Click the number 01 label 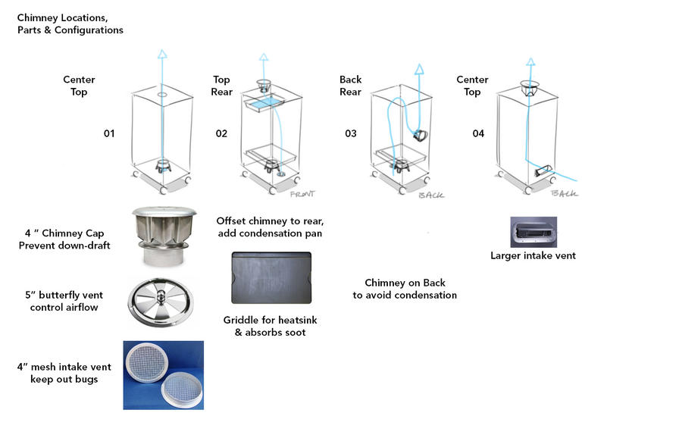(x=109, y=134)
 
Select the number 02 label (x=221, y=134)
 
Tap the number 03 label (x=351, y=134)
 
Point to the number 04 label (x=478, y=134)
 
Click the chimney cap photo (x=164, y=236)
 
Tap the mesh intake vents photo (x=163, y=375)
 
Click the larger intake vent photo (x=533, y=232)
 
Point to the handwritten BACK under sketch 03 (x=430, y=195)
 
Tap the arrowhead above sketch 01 (x=161, y=54)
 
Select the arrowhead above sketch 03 (x=418, y=69)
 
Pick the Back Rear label (x=350, y=86)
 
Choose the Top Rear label (x=221, y=86)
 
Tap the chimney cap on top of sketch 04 (x=530, y=88)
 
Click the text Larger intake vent (x=533, y=256)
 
